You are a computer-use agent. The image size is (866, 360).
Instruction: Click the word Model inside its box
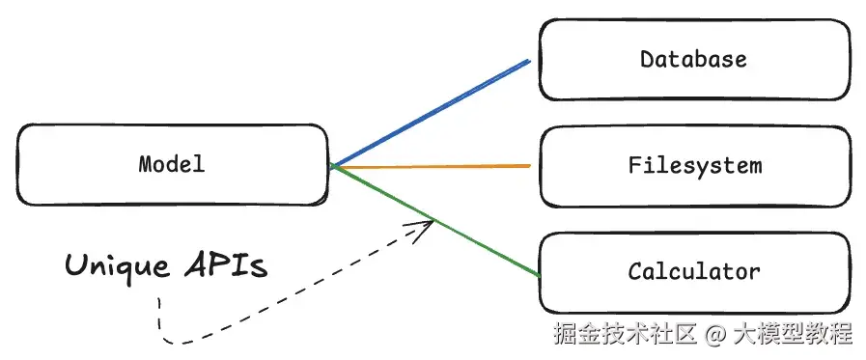172,164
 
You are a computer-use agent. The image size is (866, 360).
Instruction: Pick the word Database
693,60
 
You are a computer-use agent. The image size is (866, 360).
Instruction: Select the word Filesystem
695,165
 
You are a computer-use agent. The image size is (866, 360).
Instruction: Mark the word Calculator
694,271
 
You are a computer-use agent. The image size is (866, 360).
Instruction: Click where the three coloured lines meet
332,167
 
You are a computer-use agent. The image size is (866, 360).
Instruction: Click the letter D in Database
647,60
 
